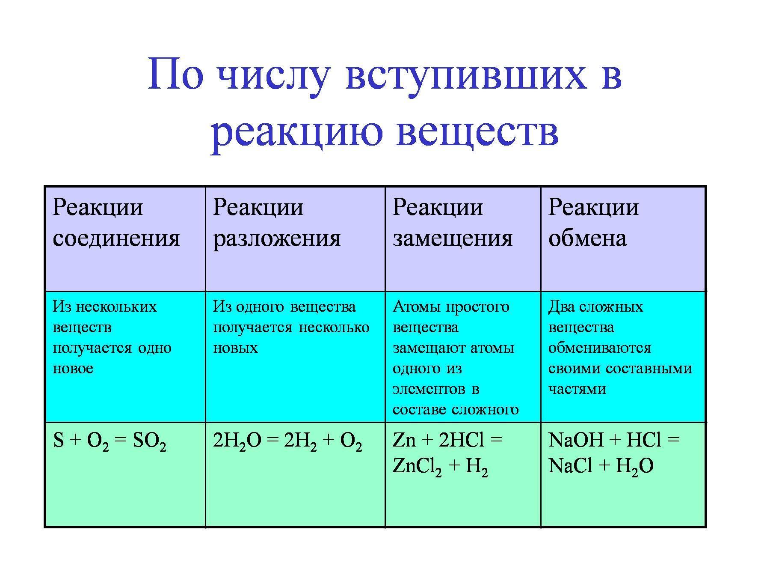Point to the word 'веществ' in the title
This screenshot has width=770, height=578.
(x=477, y=130)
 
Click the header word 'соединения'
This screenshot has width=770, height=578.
(x=116, y=238)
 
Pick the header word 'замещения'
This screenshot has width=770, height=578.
(x=453, y=238)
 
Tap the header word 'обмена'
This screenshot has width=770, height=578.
(x=587, y=238)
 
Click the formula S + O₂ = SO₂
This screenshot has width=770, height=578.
(x=110, y=441)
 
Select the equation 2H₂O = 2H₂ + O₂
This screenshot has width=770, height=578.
(x=287, y=441)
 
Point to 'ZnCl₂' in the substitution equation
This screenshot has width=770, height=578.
(x=417, y=467)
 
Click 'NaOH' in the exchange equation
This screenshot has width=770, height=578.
(x=575, y=440)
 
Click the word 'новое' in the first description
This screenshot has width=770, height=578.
(x=73, y=369)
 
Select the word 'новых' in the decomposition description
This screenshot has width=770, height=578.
(x=235, y=348)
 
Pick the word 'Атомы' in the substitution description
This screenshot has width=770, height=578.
(x=415, y=307)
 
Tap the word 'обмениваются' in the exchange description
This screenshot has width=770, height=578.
(x=599, y=348)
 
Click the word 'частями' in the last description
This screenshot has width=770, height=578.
(x=577, y=389)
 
